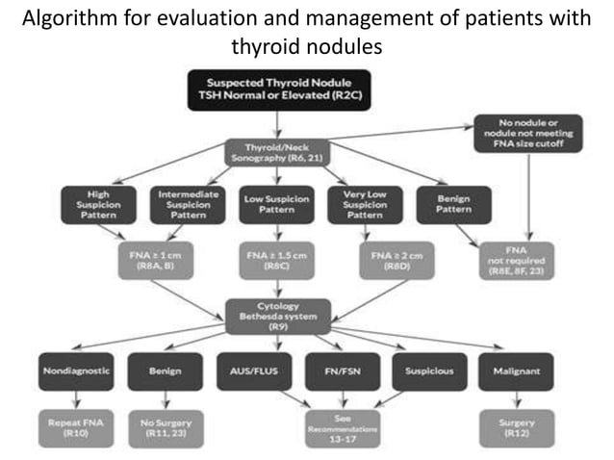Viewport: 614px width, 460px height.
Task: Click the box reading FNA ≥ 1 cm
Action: coord(151,261)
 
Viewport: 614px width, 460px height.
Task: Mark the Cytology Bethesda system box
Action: coord(277,314)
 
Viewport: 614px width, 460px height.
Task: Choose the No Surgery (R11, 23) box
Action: coord(166,426)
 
